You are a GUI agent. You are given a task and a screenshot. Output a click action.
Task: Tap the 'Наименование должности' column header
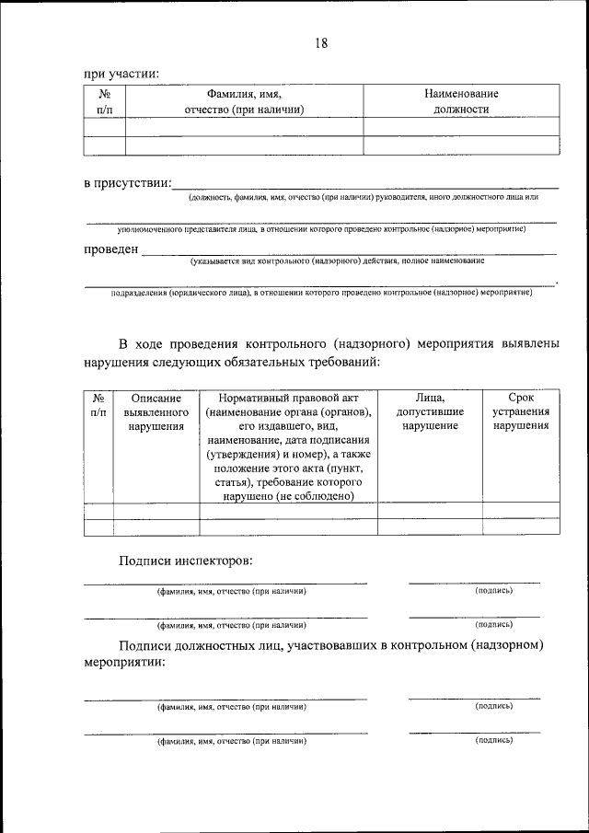[x=461, y=101]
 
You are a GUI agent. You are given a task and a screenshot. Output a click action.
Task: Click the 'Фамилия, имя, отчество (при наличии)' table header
[x=244, y=101]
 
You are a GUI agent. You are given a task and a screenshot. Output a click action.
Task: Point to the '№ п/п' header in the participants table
[x=104, y=101]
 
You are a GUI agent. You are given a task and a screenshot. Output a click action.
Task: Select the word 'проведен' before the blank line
[x=111, y=249]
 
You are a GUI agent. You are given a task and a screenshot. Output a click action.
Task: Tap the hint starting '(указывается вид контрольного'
[x=337, y=261]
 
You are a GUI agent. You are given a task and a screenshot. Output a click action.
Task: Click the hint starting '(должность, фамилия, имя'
[x=363, y=197]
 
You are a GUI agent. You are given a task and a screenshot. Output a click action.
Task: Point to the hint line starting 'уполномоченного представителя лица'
[x=321, y=227]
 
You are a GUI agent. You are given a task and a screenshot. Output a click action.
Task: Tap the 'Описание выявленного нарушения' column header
[x=156, y=411]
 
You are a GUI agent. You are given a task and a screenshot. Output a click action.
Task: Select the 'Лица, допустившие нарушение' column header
[x=430, y=411]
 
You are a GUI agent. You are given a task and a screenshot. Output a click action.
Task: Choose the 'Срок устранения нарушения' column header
[x=520, y=411]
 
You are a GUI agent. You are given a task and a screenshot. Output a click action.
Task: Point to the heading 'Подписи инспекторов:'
[x=184, y=561]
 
